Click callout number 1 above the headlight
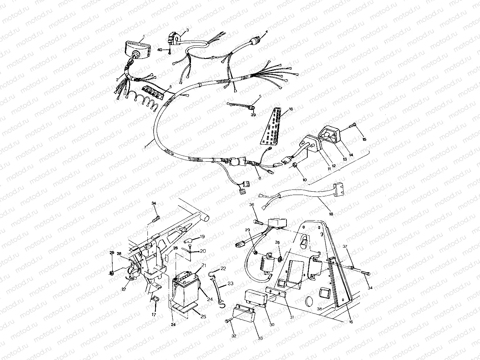(x=144, y=36)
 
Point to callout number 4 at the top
(x=267, y=32)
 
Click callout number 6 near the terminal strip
(x=170, y=87)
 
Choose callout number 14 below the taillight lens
(x=351, y=155)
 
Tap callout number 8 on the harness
(x=260, y=178)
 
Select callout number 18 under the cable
(x=331, y=214)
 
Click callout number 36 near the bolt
(x=252, y=205)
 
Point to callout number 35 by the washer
(x=277, y=243)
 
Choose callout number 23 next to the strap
(x=230, y=283)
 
